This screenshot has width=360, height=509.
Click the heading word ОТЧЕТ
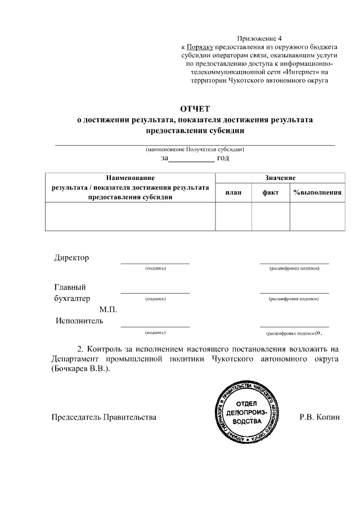194,109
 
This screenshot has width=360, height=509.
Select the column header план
233,193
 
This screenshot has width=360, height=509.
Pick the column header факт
271,193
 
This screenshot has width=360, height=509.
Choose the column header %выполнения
317,193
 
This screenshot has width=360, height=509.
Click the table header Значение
280,178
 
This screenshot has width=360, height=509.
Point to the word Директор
71,258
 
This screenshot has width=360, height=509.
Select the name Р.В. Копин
321,417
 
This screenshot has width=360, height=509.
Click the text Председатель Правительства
104,417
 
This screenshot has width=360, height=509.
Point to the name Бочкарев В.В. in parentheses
80,369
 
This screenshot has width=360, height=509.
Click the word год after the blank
223,158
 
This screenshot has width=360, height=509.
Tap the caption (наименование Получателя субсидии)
194,150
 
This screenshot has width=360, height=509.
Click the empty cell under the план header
233,217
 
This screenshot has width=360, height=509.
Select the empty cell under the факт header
271,217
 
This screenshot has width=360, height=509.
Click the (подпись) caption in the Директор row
155,268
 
